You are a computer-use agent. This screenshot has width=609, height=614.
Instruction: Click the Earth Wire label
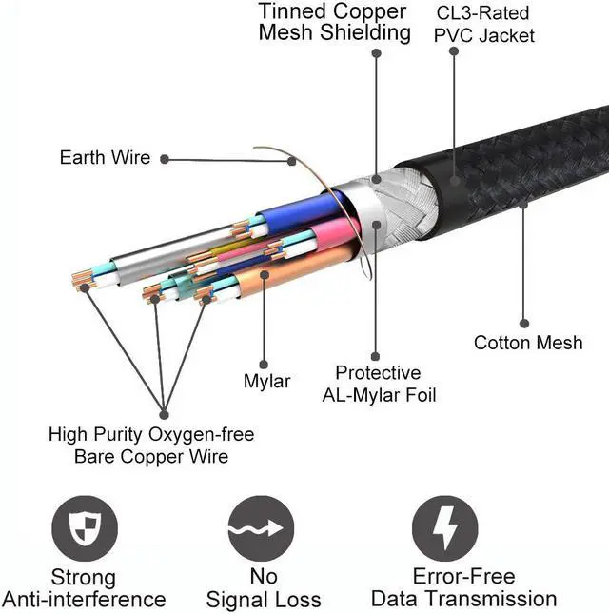click(105, 157)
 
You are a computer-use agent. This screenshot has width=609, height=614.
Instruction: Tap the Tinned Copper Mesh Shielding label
click(334, 22)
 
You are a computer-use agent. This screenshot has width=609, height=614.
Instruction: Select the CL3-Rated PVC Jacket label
click(483, 25)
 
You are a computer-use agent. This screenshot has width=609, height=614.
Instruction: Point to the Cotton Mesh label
click(528, 343)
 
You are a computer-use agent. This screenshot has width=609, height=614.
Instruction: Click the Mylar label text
click(267, 381)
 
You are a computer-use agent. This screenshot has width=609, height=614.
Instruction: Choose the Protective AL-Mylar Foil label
click(379, 384)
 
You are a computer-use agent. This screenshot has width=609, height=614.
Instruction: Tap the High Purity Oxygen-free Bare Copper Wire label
click(151, 446)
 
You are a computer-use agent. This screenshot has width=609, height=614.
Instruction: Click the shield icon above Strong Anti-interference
click(85, 528)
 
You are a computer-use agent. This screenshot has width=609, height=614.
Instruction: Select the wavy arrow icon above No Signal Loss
click(261, 528)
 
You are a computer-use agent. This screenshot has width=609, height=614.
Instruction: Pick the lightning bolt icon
click(445, 528)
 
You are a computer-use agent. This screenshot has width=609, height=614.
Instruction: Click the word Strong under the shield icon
click(84, 578)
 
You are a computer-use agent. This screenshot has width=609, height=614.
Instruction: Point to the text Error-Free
click(463, 577)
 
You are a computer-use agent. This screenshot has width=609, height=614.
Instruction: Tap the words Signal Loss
click(264, 600)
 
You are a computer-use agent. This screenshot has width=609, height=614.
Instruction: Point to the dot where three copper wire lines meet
click(164, 414)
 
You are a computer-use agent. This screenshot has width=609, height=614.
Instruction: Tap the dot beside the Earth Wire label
click(165, 159)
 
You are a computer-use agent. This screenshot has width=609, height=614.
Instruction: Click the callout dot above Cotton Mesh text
click(524, 323)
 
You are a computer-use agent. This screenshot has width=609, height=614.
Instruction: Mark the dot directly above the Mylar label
click(264, 365)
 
